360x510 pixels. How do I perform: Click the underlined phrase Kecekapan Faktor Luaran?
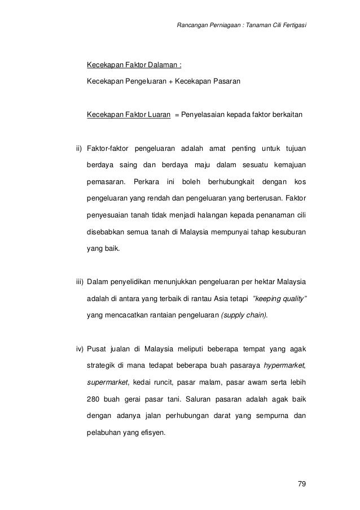point(129,115)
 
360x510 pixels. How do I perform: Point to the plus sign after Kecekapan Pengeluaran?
point(170,82)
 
